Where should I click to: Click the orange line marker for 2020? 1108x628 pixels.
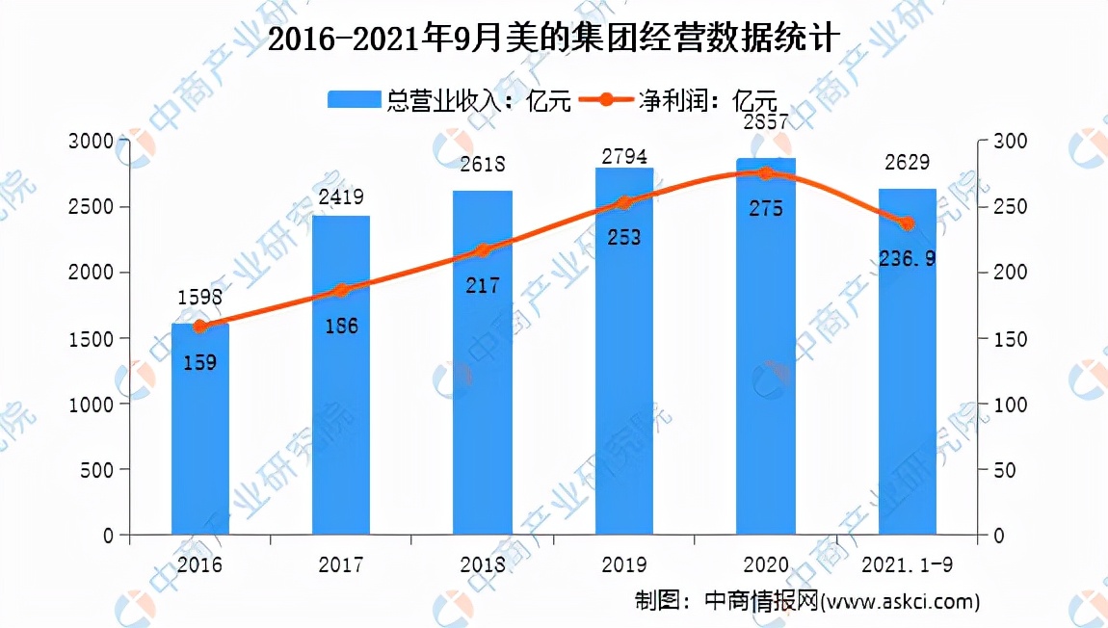point(766,173)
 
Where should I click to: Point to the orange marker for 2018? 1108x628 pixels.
point(483,250)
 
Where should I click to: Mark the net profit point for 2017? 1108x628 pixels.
point(341,290)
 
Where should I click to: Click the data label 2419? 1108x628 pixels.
point(342,199)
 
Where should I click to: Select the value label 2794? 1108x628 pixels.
point(624,154)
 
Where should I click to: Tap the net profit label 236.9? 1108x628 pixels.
point(908,258)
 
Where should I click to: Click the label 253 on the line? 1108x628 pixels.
point(624,237)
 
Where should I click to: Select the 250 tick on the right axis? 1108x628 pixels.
point(1010,207)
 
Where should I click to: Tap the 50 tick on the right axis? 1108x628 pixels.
point(1005,470)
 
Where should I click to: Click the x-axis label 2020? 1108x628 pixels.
point(766,564)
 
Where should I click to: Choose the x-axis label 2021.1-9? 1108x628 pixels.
point(907,564)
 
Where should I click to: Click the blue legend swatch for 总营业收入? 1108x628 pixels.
point(356,100)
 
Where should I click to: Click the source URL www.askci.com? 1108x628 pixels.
point(900,602)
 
